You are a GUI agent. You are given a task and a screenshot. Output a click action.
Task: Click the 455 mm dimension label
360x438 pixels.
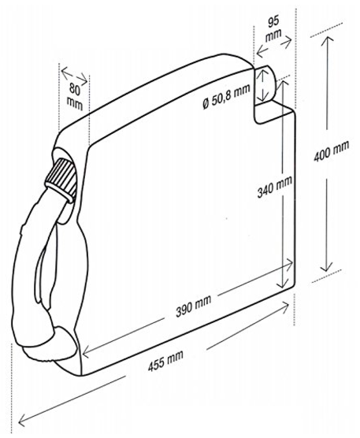click(165, 360)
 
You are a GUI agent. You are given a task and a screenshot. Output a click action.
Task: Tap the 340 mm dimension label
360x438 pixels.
click(275, 187)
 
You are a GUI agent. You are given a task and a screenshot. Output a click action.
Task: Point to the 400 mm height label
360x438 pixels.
click(331, 151)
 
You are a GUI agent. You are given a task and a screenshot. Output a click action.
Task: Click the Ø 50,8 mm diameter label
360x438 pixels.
click(226, 95)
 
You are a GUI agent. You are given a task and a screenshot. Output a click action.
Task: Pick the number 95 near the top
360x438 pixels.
click(273, 22)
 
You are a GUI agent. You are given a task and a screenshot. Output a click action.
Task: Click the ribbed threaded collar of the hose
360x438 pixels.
click(61, 178)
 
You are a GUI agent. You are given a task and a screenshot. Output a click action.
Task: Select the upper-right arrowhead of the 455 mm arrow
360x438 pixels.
click(284, 306)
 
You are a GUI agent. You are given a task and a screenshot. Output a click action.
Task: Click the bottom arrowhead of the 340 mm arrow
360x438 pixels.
click(282, 284)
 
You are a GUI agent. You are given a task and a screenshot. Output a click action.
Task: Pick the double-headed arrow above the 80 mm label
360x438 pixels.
click(74, 75)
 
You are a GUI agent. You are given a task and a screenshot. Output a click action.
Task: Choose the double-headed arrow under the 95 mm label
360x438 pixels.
click(274, 47)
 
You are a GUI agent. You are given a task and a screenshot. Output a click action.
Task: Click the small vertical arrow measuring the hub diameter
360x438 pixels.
click(262, 85)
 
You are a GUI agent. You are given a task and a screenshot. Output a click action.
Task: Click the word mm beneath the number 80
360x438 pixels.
click(75, 104)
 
